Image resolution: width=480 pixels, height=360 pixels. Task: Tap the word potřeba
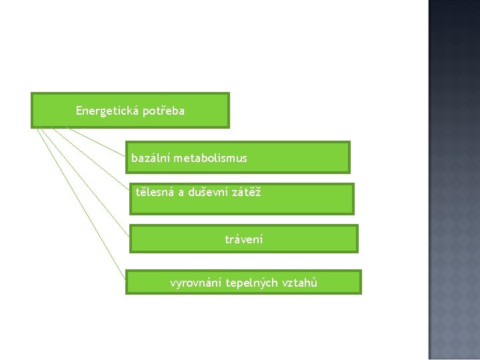pyautogui.click(x=163, y=111)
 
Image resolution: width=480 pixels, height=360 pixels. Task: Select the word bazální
pyautogui.click(x=151, y=158)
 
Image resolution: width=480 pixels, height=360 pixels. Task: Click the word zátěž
pyautogui.click(x=246, y=193)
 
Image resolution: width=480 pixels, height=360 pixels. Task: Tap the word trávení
pyautogui.click(x=244, y=239)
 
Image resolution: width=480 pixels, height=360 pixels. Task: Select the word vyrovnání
pyautogui.click(x=195, y=283)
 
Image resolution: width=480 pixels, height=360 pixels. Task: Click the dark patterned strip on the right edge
pyautogui.click(x=453, y=180)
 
